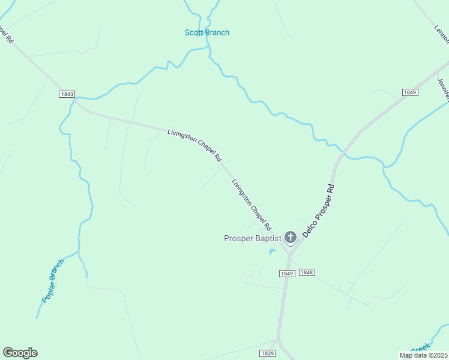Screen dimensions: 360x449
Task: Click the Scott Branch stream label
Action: click(x=206, y=32)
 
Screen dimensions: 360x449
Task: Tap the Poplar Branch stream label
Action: click(x=53, y=280)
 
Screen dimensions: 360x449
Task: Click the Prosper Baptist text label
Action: click(x=252, y=238)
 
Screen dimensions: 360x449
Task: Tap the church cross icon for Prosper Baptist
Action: click(x=290, y=238)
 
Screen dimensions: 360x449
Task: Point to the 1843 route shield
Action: click(x=67, y=94)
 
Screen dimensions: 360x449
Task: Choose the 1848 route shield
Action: click(x=306, y=272)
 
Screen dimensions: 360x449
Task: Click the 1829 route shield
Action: click(x=268, y=353)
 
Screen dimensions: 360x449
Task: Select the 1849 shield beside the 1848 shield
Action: click(x=286, y=273)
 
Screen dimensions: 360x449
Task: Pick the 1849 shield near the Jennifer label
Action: click(x=409, y=92)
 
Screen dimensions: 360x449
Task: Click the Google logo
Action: click(x=20, y=353)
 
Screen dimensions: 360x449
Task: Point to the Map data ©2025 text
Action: click(x=424, y=355)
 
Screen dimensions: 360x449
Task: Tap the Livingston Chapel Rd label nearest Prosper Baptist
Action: click(x=252, y=205)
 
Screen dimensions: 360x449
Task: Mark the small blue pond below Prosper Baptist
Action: click(x=272, y=251)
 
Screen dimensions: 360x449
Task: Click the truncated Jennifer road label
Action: click(x=444, y=88)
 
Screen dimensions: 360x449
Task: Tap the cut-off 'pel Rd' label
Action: click(x=6, y=33)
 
